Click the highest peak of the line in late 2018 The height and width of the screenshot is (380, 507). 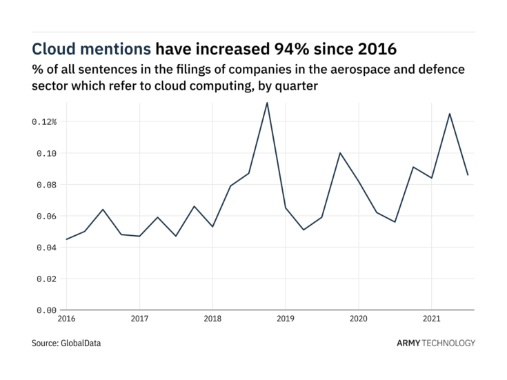pos(267,103)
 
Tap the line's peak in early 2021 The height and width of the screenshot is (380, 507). pos(450,114)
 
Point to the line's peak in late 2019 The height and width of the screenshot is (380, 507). pos(340,152)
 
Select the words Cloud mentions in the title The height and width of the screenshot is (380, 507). pos(92,49)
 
